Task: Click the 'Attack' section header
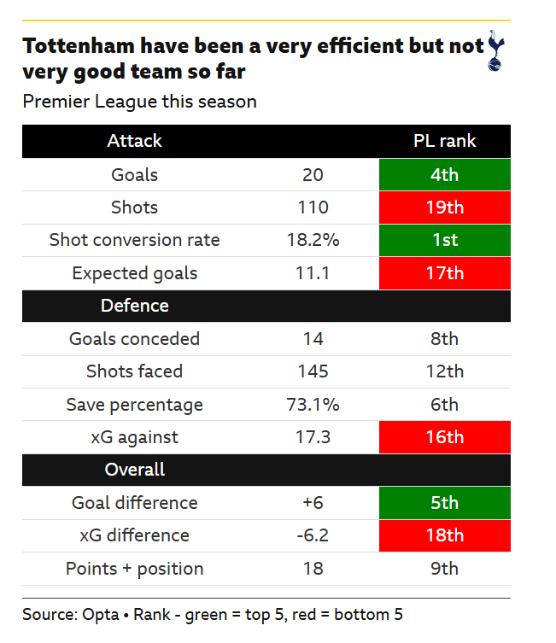point(134,141)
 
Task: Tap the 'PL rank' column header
point(444,141)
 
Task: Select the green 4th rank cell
point(444,175)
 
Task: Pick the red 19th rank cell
point(444,208)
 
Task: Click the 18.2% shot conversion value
point(313,240)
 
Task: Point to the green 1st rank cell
point(444,240)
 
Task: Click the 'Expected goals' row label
point(134,273)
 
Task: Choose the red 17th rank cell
point(444,273)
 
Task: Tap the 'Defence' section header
point(134,306)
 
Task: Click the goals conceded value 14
point(313,338)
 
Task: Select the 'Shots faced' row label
point(134,371)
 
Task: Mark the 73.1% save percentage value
point(313,404)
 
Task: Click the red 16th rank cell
point(444,437)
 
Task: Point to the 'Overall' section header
point(134,470)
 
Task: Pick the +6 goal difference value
point(313,503)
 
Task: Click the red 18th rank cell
point(444,535)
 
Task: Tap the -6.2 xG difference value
point(313,535)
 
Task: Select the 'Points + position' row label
point(134,569)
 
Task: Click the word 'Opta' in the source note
point(101,614)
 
